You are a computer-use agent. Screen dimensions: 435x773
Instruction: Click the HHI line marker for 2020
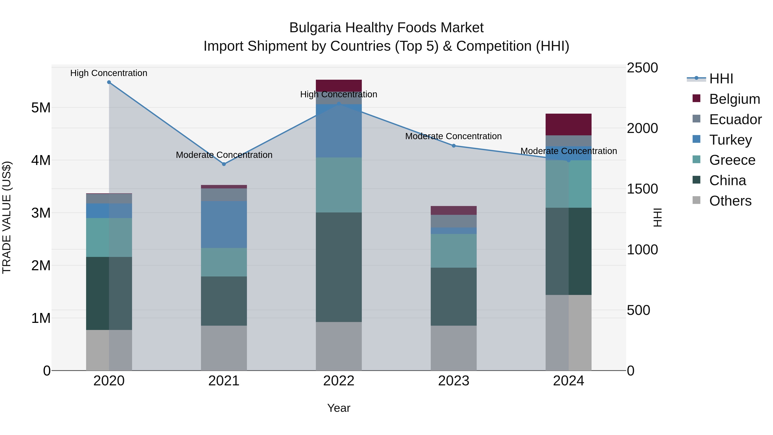point(109,82)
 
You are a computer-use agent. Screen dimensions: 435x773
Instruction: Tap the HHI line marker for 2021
point(224,164)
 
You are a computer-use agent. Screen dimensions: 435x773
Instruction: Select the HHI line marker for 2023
point(454,146)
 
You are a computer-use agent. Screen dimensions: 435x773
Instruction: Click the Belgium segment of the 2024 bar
point(568,125)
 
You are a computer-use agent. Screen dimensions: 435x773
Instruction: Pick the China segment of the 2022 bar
point(339,267)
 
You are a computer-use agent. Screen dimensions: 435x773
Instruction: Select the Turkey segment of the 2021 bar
point(224,224)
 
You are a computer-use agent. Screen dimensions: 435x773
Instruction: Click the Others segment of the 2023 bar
point(454,348)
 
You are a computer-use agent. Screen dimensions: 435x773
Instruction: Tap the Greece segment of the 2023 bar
point(454,251)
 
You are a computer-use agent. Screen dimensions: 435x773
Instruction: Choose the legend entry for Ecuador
point(735,119)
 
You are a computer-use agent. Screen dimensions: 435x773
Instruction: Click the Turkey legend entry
point(730,140)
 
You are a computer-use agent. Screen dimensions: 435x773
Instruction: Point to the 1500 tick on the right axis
point(642,189)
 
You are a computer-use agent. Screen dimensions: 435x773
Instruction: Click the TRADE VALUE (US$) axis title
point(7,218)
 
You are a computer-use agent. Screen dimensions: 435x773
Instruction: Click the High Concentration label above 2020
point(109,73)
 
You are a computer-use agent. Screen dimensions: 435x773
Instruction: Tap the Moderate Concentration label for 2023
point(453,136)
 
